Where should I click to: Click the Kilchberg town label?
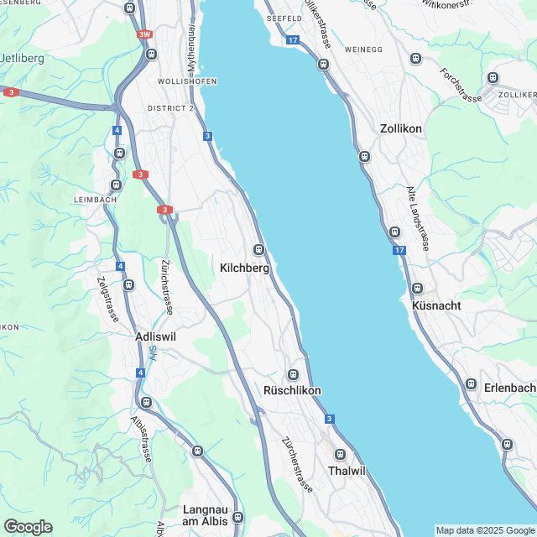(x=244, y=268)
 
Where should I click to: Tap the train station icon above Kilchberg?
(x=258, y=249)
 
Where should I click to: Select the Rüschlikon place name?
(x=292, y=391)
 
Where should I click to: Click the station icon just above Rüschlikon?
(x=293, y=374)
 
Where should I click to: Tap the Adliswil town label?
(x=157, y=336)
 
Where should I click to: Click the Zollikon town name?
(x=400, y=129)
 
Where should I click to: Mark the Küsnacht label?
(x=437, y=305)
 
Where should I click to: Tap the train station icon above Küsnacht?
(x=417, y=289)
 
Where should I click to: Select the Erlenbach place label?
(x=510, y=387)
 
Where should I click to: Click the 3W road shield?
(x=146, y=35)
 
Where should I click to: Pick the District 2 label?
(x=170, y=108)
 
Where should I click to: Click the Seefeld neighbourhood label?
(x=283, y=18)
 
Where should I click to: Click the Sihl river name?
(x=153, y=354)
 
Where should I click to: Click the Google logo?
(x=28, y=526)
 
